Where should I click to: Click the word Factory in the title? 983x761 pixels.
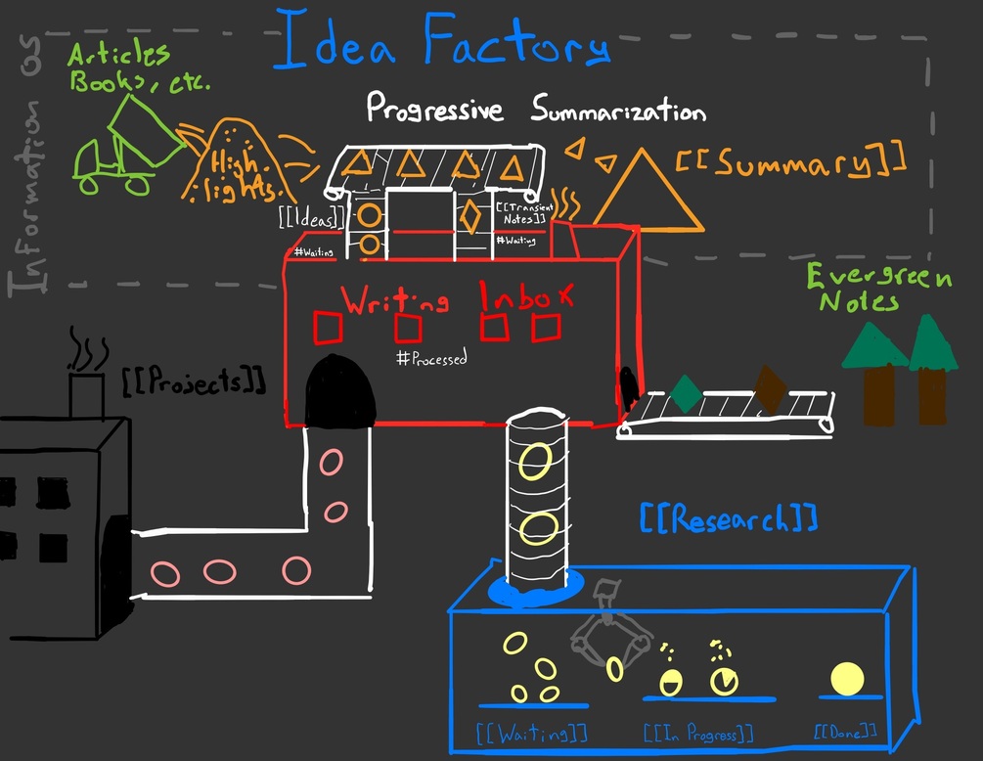[516, 44]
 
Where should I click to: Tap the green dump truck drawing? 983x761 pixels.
[128, 145]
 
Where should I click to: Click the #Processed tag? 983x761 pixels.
[431, 358]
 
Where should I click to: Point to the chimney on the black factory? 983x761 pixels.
[86, 391]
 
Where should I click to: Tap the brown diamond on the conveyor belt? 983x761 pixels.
[770, 388]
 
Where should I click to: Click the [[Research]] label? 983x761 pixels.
[728, 518]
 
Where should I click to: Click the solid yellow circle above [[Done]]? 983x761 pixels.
[846, 678]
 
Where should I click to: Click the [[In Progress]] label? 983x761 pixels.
[697, 732]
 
